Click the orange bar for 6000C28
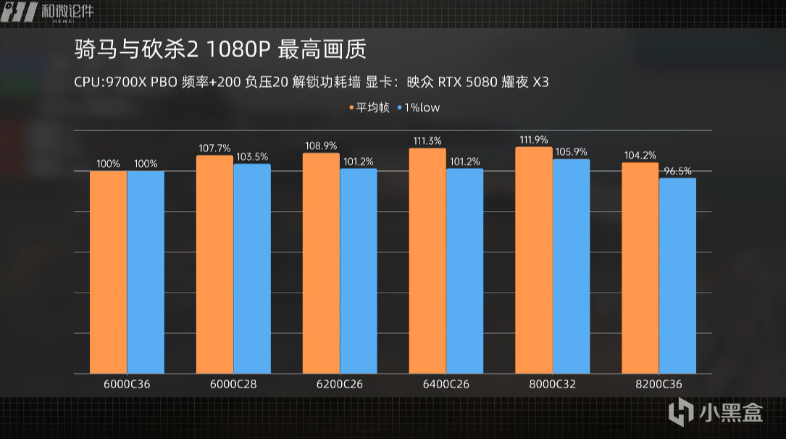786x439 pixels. (214, 264)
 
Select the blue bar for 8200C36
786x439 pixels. (677, 276)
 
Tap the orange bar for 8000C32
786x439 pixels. (534, 260)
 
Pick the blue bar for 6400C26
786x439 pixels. (464, 271)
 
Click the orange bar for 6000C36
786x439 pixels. (109, 272)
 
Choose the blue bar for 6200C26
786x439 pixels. (358, 271)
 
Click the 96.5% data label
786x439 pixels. (677, 171)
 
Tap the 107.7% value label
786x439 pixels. (214, 149)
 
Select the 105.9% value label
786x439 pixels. (571, 152)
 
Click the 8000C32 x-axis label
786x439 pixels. (552, 384)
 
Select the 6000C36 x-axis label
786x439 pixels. (127, 384)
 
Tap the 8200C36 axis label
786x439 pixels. (659, 384)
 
